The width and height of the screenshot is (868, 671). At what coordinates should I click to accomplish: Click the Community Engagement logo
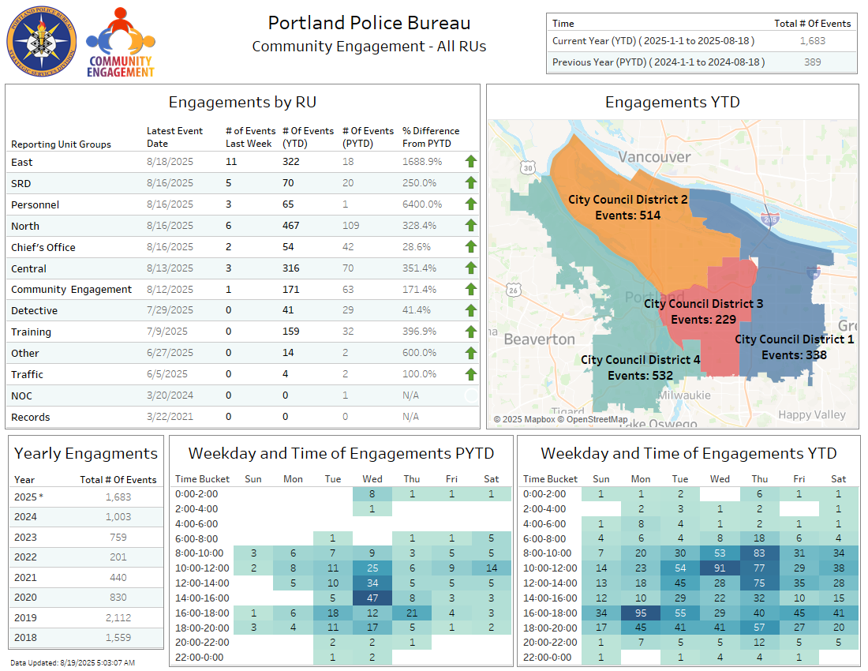tap(121, 43)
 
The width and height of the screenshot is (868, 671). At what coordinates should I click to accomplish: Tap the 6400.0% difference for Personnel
tap(420, 204)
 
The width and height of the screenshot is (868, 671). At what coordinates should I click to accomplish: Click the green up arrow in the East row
tap(471, 162)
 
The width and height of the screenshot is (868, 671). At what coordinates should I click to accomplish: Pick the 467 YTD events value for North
tap(291, 226)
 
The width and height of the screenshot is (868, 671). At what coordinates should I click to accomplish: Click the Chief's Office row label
tap(43, 247)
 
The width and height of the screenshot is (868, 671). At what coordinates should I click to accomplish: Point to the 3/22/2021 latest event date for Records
tap(170, 417)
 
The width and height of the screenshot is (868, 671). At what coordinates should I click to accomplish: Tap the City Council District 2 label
tap(628, 200)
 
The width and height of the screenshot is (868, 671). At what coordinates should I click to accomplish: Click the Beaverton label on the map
tap(539, 339)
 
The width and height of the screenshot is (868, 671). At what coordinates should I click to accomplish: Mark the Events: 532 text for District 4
tap(640, 376)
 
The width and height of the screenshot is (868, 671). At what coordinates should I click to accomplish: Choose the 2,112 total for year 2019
tap(118, 617)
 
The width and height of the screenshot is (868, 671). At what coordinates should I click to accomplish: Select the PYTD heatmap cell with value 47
tap(372, 598)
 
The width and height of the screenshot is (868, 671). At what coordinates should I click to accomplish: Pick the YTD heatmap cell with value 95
tap(641, 613)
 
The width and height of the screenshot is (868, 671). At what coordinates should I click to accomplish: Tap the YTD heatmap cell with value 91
tap(720, 568)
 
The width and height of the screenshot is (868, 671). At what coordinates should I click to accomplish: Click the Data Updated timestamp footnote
tap(73, 662)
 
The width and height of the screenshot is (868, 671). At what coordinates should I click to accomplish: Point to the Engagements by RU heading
tap(242, 102)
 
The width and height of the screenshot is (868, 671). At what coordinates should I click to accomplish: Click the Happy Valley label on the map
tap(811, 414)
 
